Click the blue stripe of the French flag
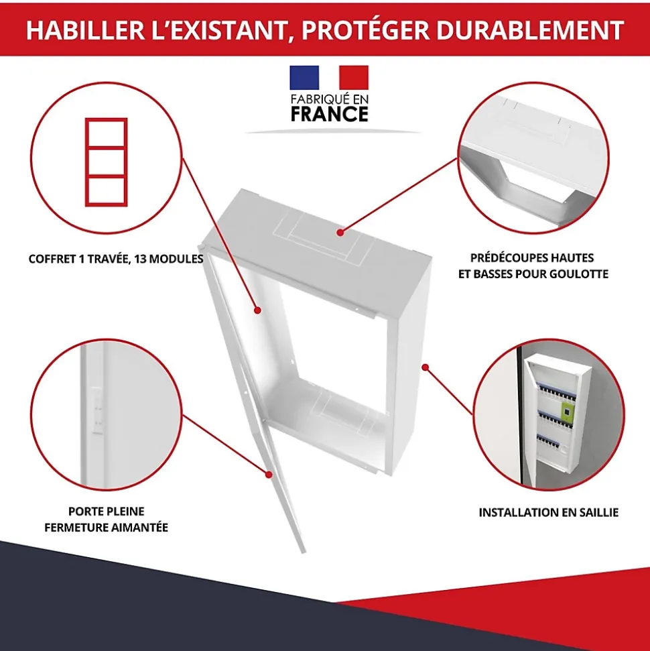pos(304,78)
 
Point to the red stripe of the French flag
pos(354,78)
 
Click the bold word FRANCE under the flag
pos(330,114)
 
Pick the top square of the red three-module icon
pos(107,133)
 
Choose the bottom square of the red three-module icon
pos(107,191)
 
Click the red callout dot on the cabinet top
pos(340,233)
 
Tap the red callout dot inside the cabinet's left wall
pos(257,310)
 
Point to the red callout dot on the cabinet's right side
pos(425,367)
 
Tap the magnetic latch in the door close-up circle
pos(96,410)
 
